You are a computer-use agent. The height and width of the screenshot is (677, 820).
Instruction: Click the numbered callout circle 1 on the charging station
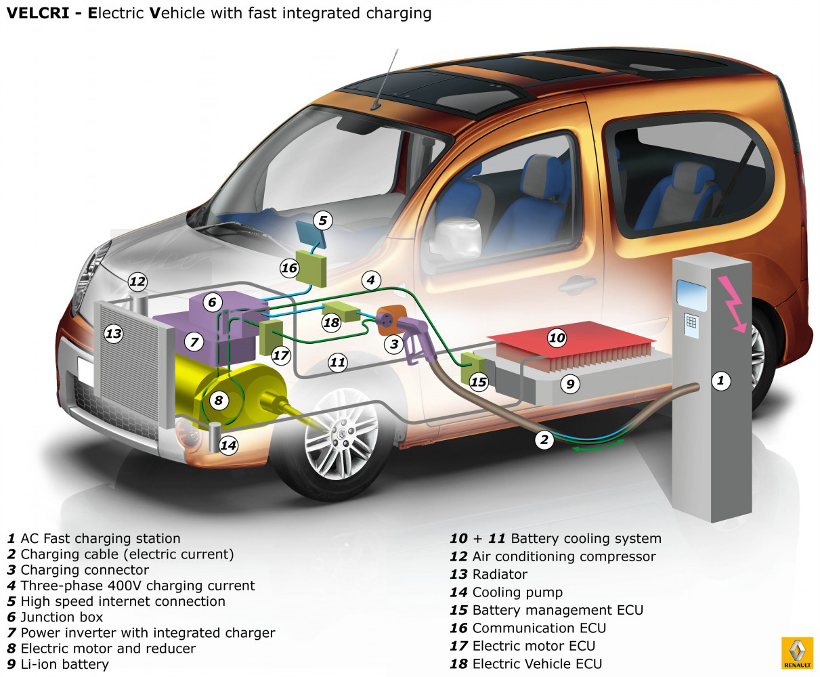(720, 380)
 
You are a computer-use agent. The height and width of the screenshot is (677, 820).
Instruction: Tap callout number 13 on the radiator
(113, 333)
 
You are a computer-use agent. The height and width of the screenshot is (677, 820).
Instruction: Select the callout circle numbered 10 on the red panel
(557, 337)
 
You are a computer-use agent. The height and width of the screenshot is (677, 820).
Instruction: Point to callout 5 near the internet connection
(322, 220)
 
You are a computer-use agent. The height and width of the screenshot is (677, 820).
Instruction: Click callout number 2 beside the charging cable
(544, 440)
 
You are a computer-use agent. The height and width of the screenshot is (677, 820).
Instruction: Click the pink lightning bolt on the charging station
(735, 305)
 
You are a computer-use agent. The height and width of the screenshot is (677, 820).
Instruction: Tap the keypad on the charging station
(691, 322)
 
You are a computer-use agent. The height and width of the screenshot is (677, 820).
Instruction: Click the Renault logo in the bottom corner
(797, 653)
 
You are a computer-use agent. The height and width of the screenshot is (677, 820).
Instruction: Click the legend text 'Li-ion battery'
(64, 664)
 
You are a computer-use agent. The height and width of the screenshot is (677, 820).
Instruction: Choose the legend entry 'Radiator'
(500, 574)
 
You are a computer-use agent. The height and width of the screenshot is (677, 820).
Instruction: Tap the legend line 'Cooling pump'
(517, 592)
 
